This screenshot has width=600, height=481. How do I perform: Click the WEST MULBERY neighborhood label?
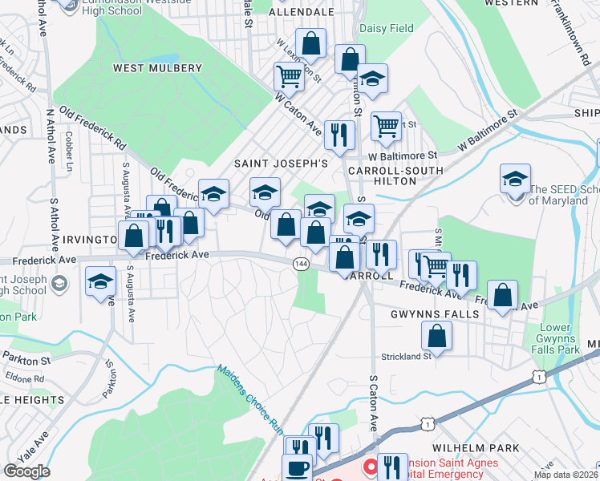157,68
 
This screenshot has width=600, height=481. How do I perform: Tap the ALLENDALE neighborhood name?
301,13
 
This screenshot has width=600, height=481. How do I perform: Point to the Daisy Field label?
387,29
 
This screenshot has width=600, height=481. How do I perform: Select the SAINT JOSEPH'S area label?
281,163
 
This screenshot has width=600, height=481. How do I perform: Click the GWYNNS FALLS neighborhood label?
436,314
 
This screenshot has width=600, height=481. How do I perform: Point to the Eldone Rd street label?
22,378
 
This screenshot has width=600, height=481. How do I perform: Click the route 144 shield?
301,264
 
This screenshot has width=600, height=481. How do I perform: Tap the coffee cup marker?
297,467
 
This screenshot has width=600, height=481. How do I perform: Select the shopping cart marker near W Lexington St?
289,77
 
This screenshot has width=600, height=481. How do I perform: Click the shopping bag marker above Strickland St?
436,334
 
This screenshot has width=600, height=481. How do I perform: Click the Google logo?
26,471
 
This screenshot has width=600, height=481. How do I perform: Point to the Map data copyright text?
565,475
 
